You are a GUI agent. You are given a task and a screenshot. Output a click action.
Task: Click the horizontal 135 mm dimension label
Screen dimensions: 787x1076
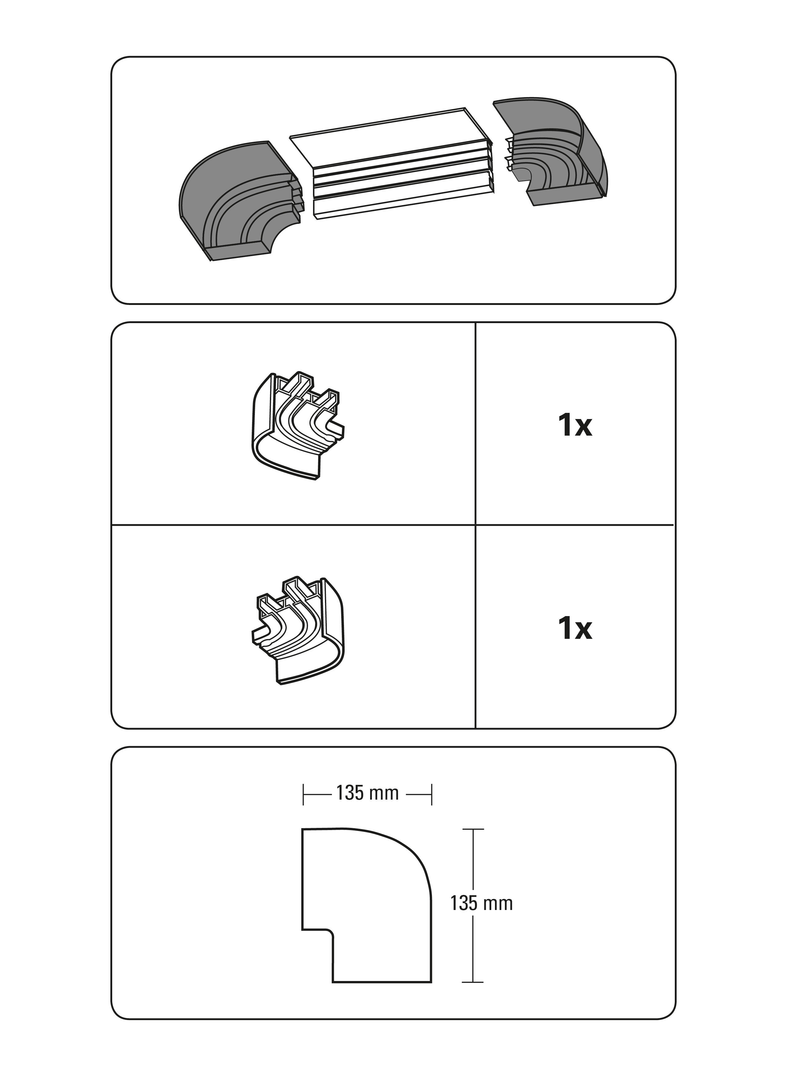[x=367, y=793]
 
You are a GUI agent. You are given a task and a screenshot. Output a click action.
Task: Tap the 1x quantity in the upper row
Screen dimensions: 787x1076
[x=575, y=425]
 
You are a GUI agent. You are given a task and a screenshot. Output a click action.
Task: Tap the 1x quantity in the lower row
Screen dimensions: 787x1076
[x=575, y=629]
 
